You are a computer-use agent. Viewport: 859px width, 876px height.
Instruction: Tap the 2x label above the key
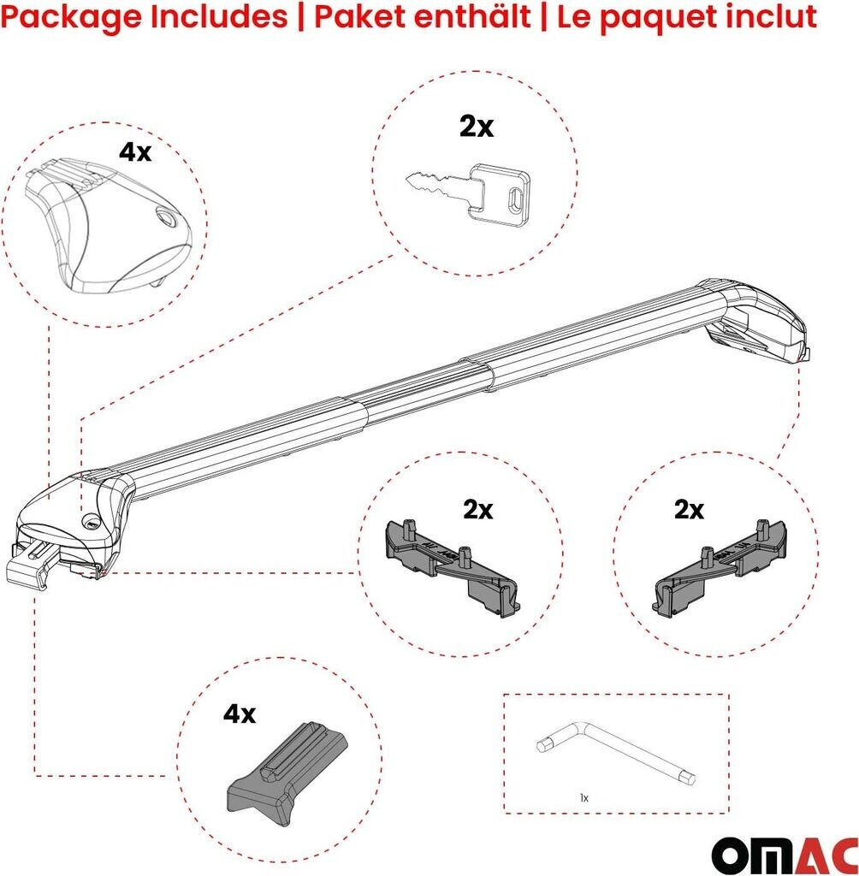[x=477, y=127]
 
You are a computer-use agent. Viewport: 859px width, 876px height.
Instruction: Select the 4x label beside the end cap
[x=134, y=152]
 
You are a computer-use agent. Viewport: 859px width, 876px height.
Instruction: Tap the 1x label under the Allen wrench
[x=584, y=798]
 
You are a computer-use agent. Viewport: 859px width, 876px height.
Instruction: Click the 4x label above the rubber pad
[x=240, y=714]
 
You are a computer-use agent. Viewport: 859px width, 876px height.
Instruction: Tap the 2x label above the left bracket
[x=478, y=510]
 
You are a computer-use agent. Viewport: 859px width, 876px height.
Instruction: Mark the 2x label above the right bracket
[x=689, y=510]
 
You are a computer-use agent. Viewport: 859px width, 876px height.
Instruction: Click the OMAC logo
[x=785, y=853]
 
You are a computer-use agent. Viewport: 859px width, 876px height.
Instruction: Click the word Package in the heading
[x=71, y=18]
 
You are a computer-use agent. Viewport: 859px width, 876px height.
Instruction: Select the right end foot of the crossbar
[x=760, y=325]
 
